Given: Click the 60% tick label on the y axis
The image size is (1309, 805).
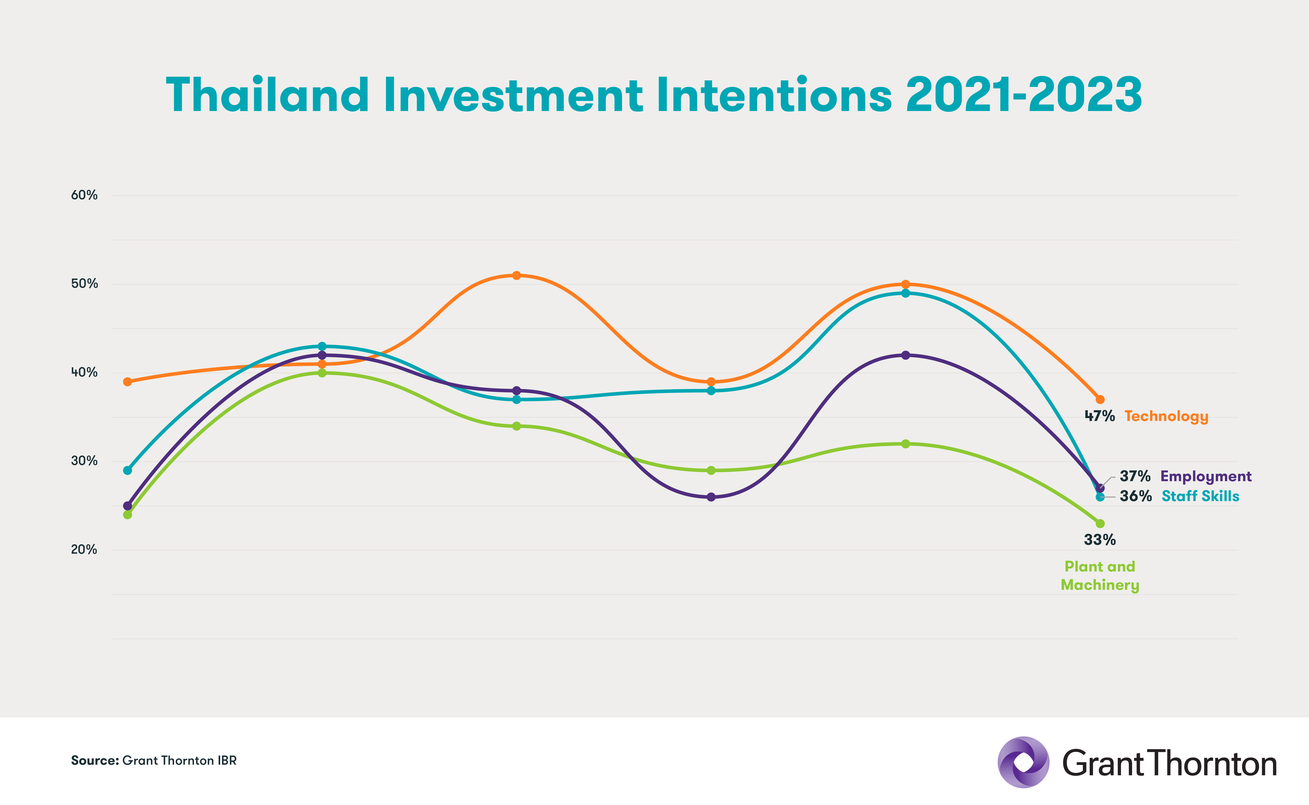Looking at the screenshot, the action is [84, 195].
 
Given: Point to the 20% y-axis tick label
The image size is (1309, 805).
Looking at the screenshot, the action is [84, 549].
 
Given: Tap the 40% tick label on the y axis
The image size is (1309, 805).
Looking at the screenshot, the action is [84, 372].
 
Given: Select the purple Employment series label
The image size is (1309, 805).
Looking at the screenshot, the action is [1206, 476].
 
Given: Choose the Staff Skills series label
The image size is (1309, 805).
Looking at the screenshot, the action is [1200, 496].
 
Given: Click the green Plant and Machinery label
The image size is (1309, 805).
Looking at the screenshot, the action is [1100, 575].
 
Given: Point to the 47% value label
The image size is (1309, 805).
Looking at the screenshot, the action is [1100, 416].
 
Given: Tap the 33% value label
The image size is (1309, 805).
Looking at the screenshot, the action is [1100, 540].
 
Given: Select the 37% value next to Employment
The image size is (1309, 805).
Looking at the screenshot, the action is [1135, 476].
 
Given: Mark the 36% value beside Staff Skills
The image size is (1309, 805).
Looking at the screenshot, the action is [1135, 496].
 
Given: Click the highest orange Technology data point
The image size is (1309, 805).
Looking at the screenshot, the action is [516, 275].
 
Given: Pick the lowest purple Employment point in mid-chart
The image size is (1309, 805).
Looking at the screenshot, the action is [711, 497].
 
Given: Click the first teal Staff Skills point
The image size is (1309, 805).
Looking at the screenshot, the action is [127, 470].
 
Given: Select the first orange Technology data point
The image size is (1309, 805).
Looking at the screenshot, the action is [127, 382].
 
